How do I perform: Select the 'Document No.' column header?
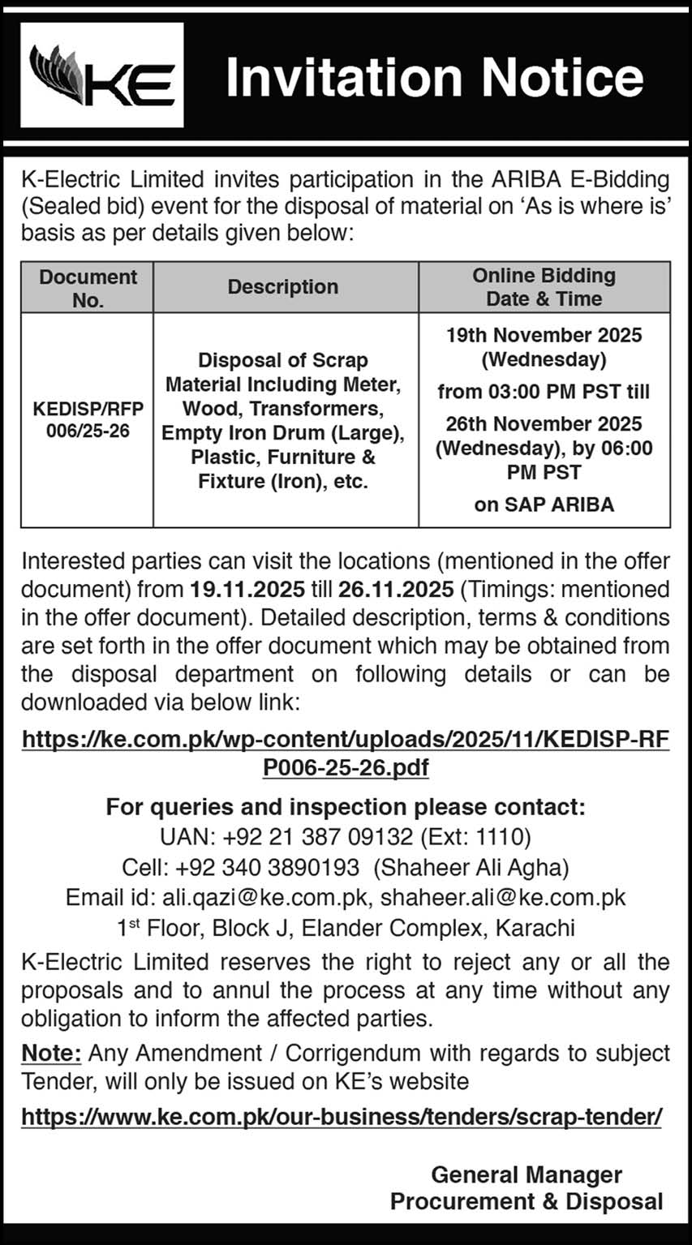click(88, 288)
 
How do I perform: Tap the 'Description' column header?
click(283, 287)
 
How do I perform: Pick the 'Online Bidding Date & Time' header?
click(544, 287)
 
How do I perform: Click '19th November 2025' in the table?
click(544, 335)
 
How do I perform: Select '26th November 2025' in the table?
click(544, 424)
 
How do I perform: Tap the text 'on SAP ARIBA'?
click(544, 504)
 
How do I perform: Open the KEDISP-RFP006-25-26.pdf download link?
click(346, 753)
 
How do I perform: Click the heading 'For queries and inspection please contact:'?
click(346, 807)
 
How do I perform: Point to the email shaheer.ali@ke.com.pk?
click(503, 898)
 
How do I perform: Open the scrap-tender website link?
click(342, 1117)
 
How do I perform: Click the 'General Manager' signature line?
click(527, 1174)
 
